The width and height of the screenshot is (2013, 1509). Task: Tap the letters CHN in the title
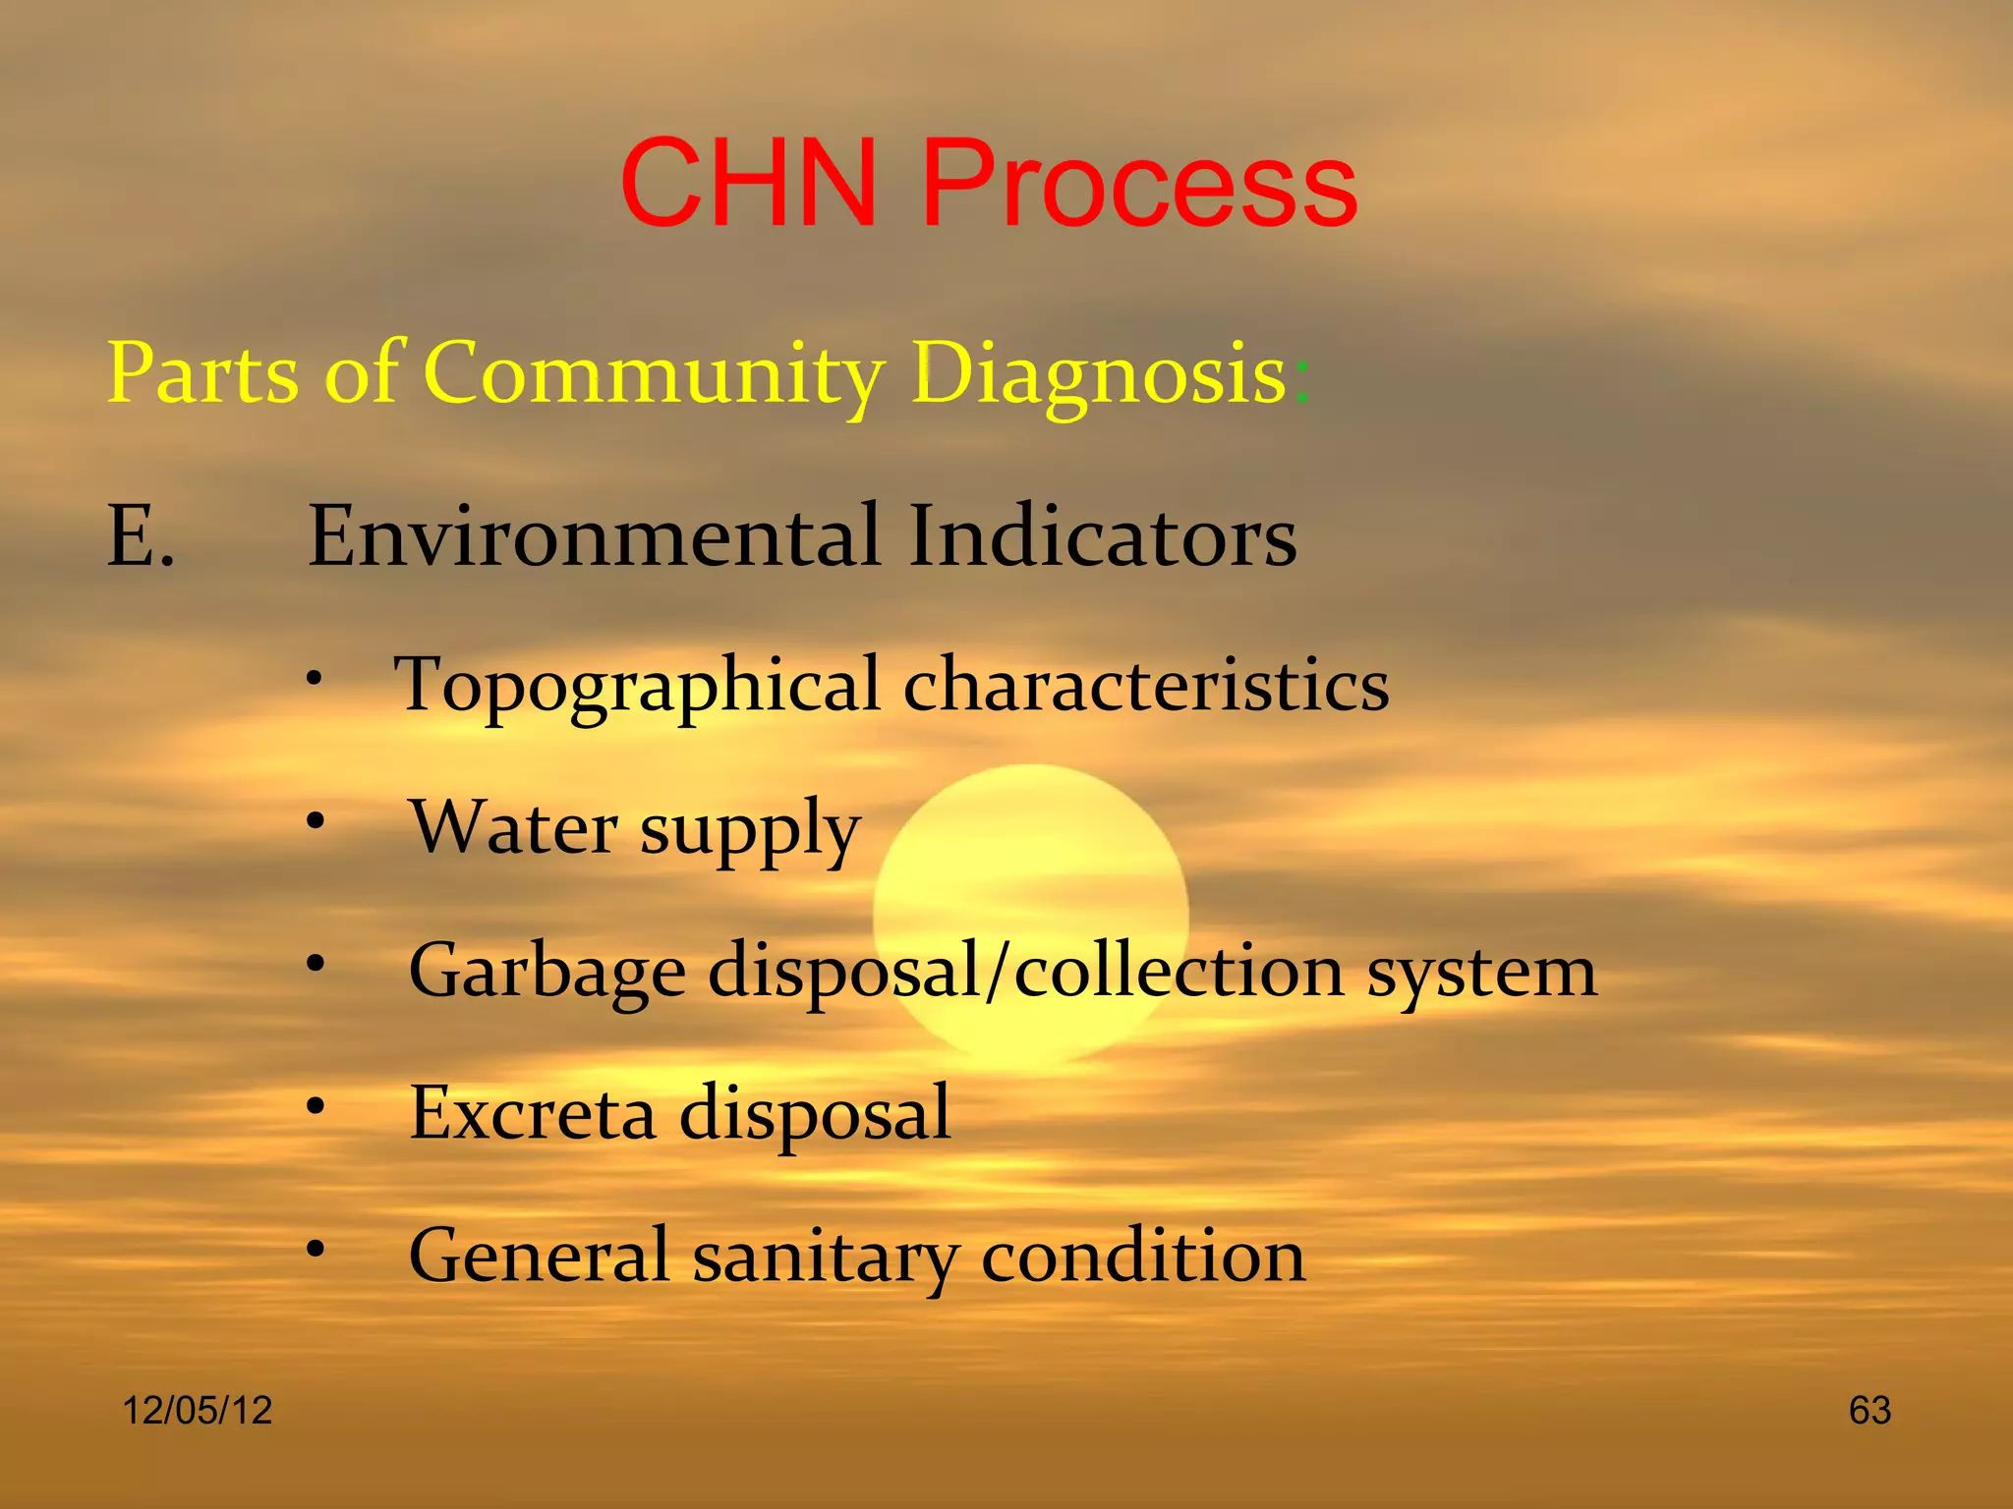click(749, 184)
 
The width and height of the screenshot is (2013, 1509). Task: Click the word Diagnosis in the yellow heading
click(1098, 373)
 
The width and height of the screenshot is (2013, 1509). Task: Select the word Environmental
click(594, 536)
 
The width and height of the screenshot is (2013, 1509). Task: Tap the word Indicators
click(1102, 536)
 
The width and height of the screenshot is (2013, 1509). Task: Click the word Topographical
click(637, 686)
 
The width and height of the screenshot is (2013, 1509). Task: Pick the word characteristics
click(1146, 684)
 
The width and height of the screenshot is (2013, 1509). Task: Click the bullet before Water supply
click(314, 820)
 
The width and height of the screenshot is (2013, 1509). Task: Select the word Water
click(514, 826)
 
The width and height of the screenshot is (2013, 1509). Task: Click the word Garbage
click(546, 972)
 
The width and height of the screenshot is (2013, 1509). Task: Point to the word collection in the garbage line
click(1178, 970)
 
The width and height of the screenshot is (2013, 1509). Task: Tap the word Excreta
click(532, 1113)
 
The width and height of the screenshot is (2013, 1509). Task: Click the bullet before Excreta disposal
click(314, 1106)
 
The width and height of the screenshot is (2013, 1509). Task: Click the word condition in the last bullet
click(1143, 1256)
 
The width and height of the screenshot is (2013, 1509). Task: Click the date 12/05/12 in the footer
click(197, 1411)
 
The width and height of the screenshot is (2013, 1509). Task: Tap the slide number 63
click(1869, 1411)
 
